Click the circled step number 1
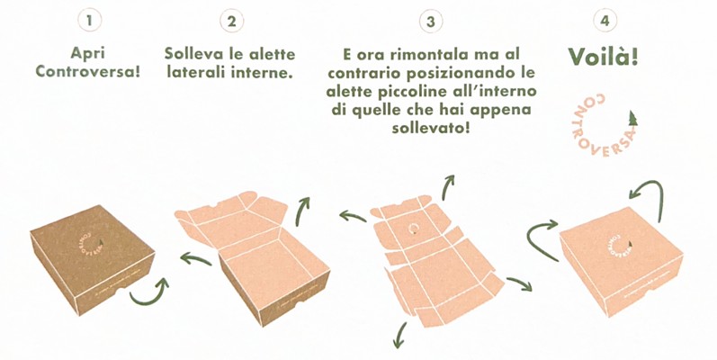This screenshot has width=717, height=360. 89,21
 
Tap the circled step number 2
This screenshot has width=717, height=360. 231,21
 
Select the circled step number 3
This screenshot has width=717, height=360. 430,22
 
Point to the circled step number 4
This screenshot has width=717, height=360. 605,21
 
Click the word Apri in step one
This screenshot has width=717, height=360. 88,53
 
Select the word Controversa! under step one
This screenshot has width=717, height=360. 88,72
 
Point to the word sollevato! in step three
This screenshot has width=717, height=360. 430,128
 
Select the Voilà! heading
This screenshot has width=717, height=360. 603,58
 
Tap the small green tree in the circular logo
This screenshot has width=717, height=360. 632,119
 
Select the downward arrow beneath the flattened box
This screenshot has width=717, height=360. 399,336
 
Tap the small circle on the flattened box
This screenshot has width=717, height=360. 414,229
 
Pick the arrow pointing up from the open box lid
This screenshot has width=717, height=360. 302,211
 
